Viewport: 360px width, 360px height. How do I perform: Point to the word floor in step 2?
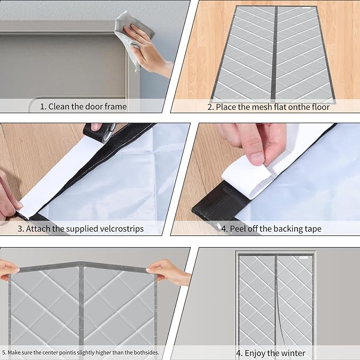pos(321,107)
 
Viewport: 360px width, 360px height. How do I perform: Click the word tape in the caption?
pos(313,229)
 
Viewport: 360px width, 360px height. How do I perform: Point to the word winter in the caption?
pos(294,353)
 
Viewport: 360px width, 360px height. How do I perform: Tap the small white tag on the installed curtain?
pos(304,258)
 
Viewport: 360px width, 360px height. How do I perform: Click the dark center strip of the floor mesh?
pos(275,53)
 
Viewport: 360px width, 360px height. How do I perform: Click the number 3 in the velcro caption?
pos(20,229)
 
